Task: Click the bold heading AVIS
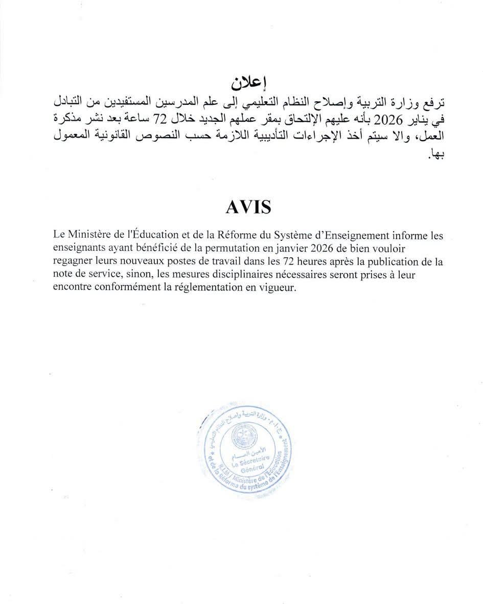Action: [x=248, y=207]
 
